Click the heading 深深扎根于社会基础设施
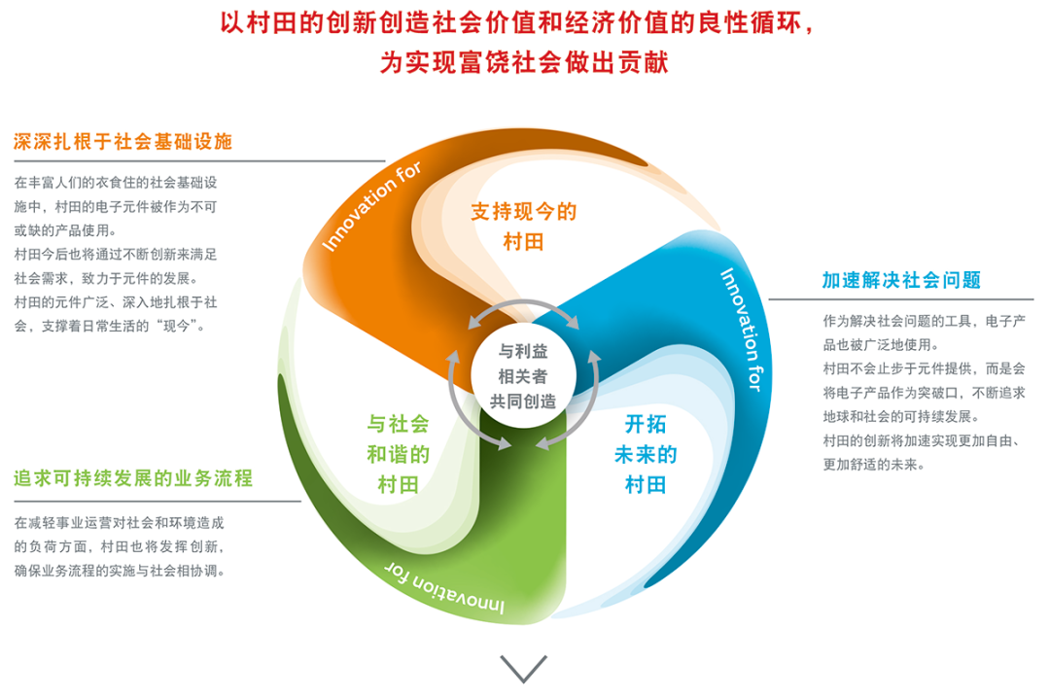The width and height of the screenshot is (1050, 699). [x=122, y=142]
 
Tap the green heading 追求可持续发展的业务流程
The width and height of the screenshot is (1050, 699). [x=133, y=478]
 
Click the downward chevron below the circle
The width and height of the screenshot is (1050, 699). [x=524, y=668]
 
